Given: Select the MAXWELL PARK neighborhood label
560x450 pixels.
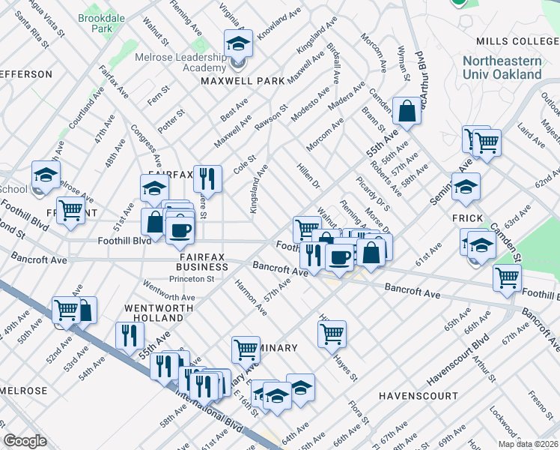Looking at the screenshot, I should coord(237,80).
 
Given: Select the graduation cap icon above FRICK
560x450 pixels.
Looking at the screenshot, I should coord(465,186).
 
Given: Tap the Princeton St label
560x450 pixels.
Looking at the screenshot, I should coord(191,278).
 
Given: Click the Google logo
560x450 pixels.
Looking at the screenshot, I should coord(25,441).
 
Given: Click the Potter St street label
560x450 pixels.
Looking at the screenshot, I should coord(171,116).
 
